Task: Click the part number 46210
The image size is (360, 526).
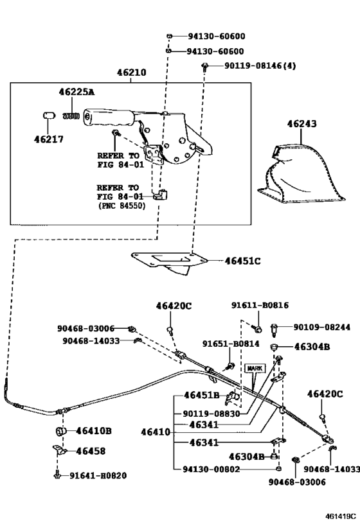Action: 132,72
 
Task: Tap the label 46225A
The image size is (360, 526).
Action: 76,92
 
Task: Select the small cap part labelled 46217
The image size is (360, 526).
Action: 49,116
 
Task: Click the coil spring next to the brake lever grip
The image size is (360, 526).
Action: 71,116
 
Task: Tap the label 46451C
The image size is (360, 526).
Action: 242,261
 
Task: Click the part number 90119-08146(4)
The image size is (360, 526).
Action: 260,66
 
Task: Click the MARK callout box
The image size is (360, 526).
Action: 255,369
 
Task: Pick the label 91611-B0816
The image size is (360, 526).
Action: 260,305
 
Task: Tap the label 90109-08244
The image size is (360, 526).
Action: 321,327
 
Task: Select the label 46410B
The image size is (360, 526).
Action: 94,431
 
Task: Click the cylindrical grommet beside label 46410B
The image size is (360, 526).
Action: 61,431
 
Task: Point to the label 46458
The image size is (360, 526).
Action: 91,451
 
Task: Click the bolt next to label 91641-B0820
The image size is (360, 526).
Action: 57,475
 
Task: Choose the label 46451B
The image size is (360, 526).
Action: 201,395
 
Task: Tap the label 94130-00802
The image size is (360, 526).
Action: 212,469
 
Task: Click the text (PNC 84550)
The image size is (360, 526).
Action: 122,206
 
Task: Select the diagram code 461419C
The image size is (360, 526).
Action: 340,516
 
